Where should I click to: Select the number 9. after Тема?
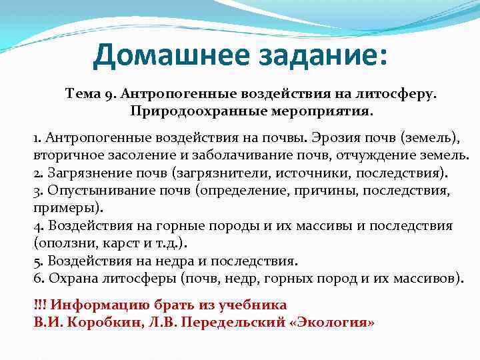click(111, 95)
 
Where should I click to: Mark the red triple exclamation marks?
click(39, 305)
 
